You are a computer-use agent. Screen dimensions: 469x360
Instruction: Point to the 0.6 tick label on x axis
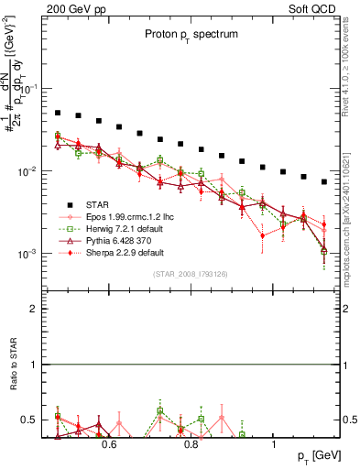click(109, 444)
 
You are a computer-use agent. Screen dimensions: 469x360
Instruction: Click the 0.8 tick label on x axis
click(191, 444)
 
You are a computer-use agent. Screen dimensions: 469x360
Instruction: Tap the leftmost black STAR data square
click(58, 114)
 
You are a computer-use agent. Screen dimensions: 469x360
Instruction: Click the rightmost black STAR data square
click(324, 181)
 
